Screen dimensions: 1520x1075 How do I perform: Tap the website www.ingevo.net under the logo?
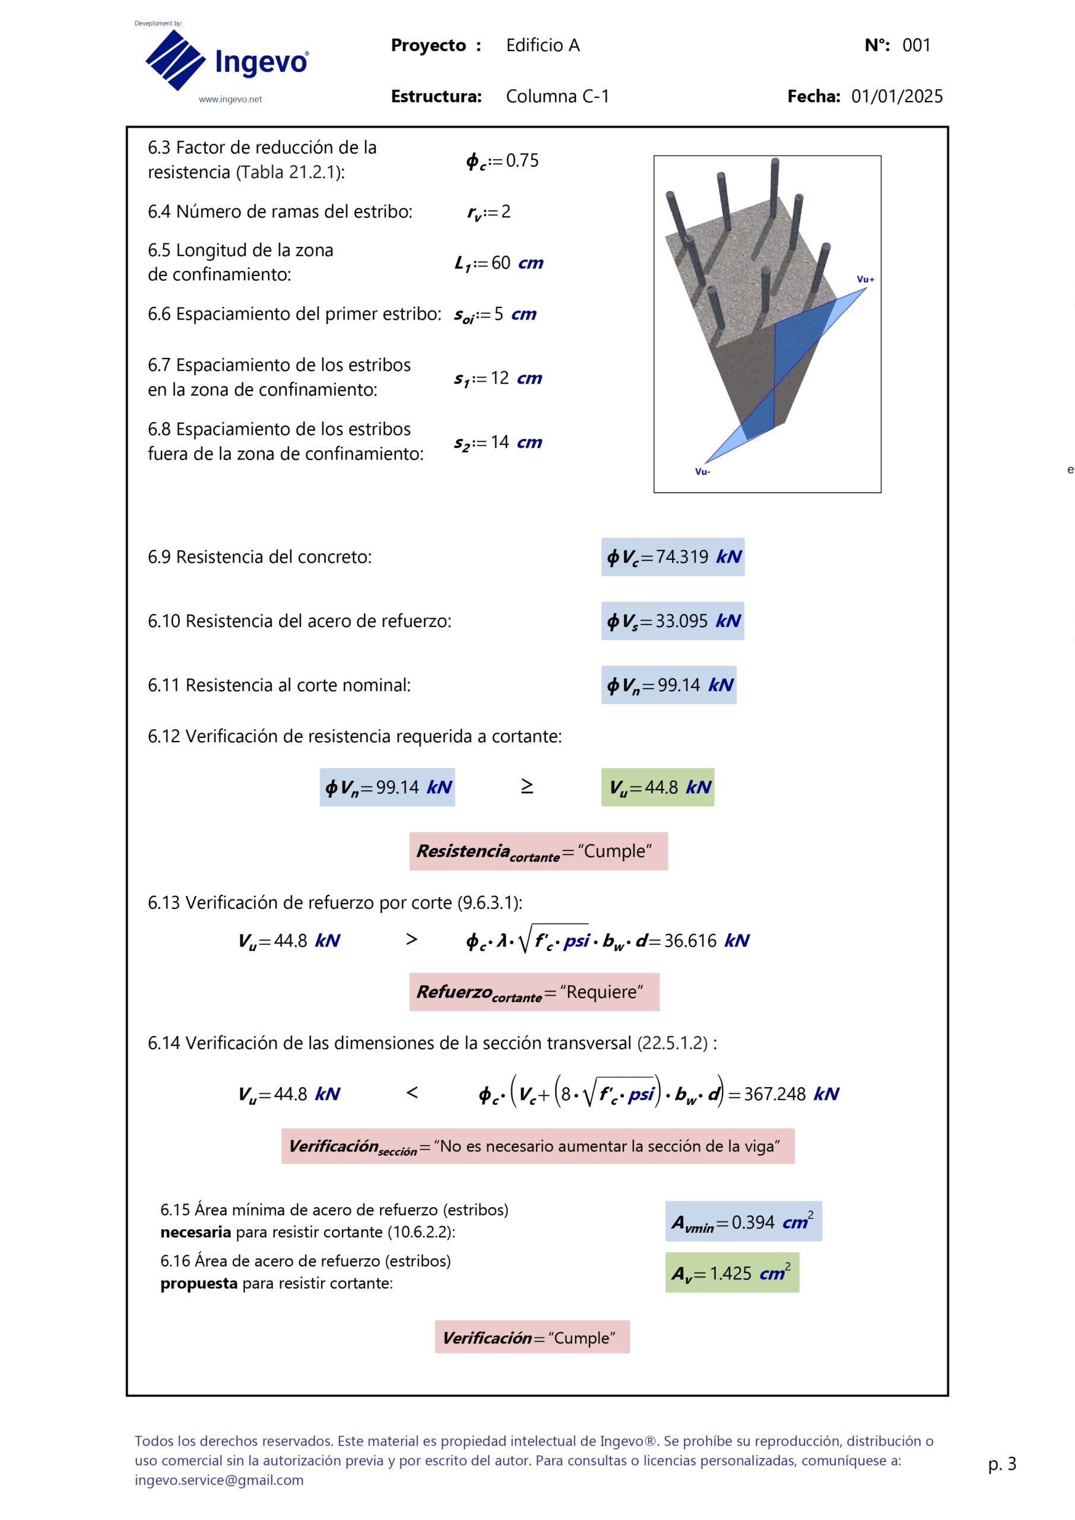pyautogui.click(x=230, y=99)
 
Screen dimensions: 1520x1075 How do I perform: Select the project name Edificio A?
pyautogui.click(x=542, y=45)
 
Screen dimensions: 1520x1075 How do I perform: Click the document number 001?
pyautogui.click(x=916, y=45)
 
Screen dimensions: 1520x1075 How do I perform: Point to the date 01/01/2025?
pyautogui.click(x=896, y=97)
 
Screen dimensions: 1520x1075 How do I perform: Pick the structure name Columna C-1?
pyautogui.click(x=557, y=97)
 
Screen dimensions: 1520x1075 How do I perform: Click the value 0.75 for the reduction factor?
pyautogui.click(x=522, y=160)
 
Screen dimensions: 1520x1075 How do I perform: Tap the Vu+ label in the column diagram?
pyautogui.click(x=865, y=280)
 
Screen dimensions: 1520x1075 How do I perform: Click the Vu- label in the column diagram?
pyautogui.click(x=702, y=471)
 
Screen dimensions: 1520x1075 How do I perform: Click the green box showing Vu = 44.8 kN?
pyautogui.click(x=657, y=787)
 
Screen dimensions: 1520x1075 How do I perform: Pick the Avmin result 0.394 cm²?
pyautogui.click(x=752, y=1222)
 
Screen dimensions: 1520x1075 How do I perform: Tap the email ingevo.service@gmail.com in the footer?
pyautogui.click(x=219, y=1480)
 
